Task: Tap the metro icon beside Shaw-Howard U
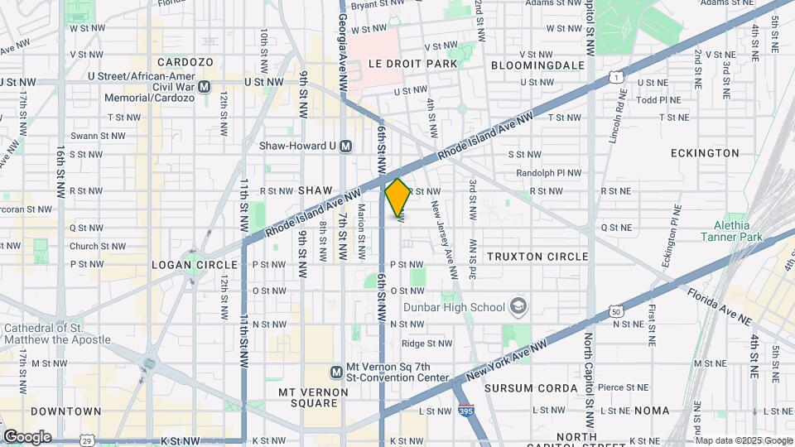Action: pos(346,146)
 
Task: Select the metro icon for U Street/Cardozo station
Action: pos(205,86)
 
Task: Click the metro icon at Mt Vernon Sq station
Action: pos(337,372)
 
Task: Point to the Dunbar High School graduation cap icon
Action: pos(518,307)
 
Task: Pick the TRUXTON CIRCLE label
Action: pos(537,257)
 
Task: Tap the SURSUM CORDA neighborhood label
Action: pos(531,387)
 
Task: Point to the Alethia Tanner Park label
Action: pos(725,232)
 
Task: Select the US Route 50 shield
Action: pos(617,311)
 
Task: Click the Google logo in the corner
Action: pos(27,436)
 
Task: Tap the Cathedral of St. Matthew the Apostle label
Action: pos(55,334)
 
